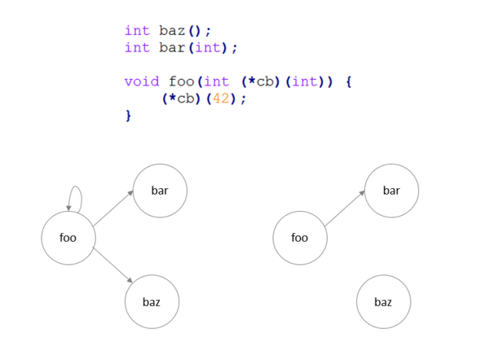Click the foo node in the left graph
pos(68,238)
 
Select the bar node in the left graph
pos(160,191)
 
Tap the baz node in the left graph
pos(152,301)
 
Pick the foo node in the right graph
pos(300,238)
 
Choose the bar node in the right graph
pos(392,191)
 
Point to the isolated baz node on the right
pos(384,301)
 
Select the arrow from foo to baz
pos(112,265)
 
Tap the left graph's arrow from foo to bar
pos(113,209)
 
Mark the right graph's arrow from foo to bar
pos(345,209)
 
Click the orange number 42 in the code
pos(221,99)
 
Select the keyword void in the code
pos(142,81)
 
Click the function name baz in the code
pos(172,31)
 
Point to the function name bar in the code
pos(172,47)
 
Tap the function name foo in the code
pos(182,81)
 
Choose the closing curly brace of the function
pos(128,116)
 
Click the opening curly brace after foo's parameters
pos(349,82)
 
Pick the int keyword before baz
pos(137,31)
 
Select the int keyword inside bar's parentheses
pos(208,47)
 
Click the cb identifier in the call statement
pos(186,99)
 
